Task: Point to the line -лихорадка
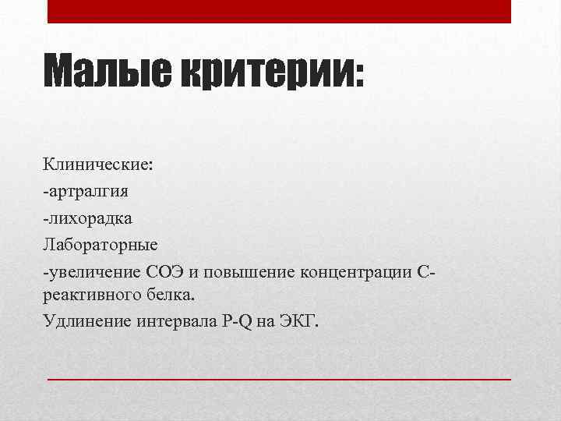coord(87,219)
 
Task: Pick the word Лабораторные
coord(101,245)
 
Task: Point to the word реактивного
coord(90,296)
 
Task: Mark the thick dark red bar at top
coord(280,11)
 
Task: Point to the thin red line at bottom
coord(280,377)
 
